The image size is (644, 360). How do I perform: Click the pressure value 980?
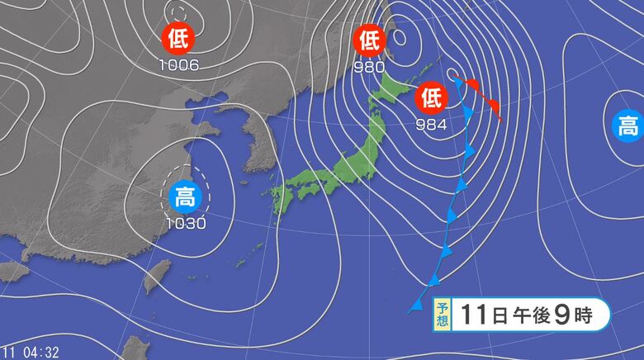coord(369,65)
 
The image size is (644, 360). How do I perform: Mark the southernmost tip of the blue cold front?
coord(410,312)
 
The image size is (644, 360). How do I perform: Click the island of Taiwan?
coord(155,277)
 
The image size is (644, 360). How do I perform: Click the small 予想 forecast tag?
coord(442,315)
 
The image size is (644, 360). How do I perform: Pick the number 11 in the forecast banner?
coord(473,315)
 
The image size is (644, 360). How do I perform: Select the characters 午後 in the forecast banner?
coord(523,315)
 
